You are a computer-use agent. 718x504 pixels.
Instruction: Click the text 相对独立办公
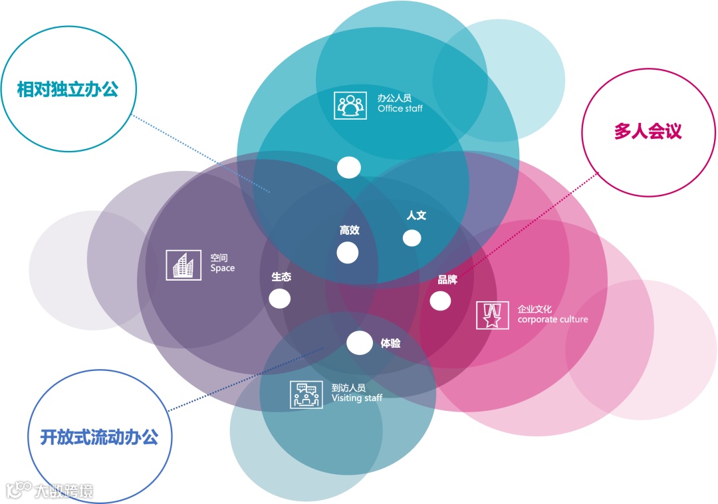pos(68,89)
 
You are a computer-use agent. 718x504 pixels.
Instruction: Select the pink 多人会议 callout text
pos(648,130)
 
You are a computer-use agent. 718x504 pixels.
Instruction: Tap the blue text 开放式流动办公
pos(99,437)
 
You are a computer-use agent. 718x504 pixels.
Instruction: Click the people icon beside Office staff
pos(350,104)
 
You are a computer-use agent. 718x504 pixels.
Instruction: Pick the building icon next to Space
pos(183,264)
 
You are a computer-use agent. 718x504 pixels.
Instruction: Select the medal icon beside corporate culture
pos(493,315)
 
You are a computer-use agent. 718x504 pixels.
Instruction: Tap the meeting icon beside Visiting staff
pos(306,394)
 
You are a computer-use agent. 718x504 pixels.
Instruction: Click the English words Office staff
pos(400,108)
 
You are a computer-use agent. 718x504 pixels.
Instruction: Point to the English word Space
pos(222,269)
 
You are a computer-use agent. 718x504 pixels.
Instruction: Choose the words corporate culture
pos(552,320)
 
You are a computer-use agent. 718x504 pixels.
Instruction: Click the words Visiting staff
pos(356,398)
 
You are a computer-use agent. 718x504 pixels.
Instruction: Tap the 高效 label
pos(349,230)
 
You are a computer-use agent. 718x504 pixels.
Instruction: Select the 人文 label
pos(416,215)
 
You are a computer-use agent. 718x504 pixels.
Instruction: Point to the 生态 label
pos(281,277)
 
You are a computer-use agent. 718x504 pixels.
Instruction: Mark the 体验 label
pos(390,344)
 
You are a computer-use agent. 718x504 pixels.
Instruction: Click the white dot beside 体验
pos(360,342)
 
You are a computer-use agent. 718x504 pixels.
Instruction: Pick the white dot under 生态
pos(280,299)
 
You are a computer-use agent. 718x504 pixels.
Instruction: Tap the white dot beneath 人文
pos(412,237)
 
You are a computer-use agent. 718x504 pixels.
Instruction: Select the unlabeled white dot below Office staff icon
pos(348,167)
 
